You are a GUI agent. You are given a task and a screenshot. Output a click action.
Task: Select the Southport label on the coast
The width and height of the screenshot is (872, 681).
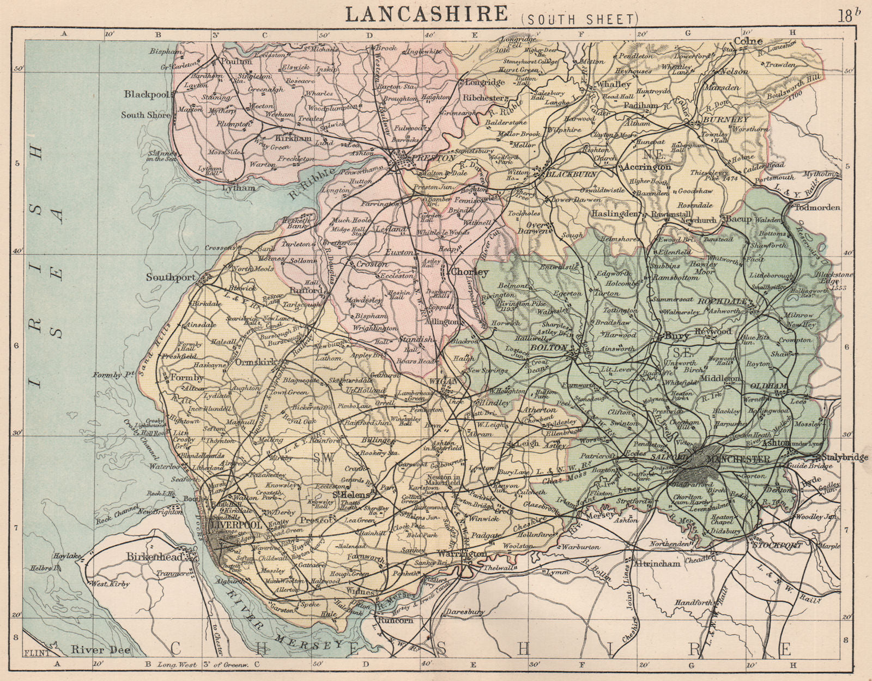point(171,277)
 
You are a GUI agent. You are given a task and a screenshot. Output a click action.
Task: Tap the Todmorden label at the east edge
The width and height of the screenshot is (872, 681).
point(818,208)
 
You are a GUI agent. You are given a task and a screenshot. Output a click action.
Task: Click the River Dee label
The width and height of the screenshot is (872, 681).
point(91,649)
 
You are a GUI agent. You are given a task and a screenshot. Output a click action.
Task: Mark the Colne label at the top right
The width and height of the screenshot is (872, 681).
point(748,41)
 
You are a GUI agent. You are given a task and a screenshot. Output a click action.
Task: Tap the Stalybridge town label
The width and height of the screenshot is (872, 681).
point(845,457)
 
